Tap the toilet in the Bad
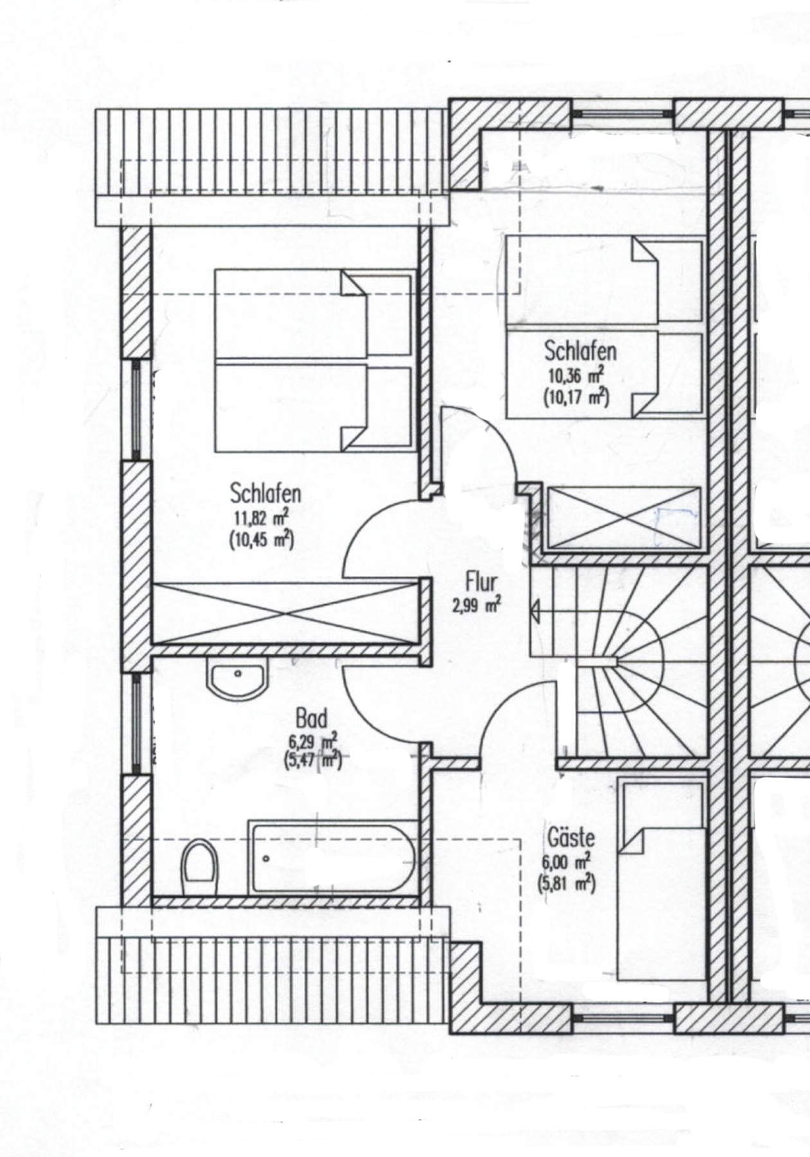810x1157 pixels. pos(199,868)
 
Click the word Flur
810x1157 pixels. pos(481,583)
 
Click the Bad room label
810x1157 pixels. pos(312,719)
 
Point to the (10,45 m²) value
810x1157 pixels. pos(261,540)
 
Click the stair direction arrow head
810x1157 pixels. pos(535,611)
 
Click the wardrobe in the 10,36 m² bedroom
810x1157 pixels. pos(623,518)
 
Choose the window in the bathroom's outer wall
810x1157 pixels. pos(136,722)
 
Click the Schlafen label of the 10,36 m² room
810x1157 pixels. pos(580,351)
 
